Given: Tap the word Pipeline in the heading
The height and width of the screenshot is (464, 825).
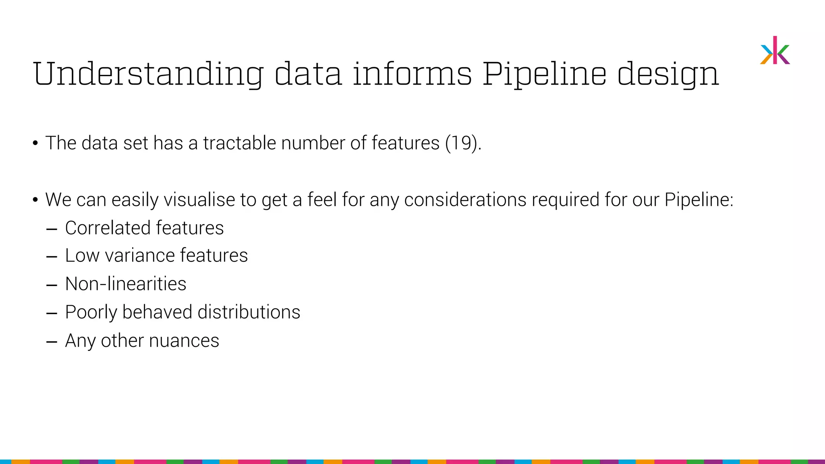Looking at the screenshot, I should coord(544,75).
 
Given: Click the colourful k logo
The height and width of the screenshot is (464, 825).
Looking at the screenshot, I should coord(775,51).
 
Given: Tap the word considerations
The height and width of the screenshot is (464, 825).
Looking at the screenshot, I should coord(465,200).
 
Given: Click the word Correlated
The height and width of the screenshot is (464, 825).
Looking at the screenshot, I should coord(108,228).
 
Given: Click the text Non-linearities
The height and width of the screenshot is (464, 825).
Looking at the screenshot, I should coord(126,284).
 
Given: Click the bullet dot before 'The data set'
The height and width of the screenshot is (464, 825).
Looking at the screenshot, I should coord(35,143).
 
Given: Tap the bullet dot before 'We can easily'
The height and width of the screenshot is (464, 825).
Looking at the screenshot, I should coord(35,200).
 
